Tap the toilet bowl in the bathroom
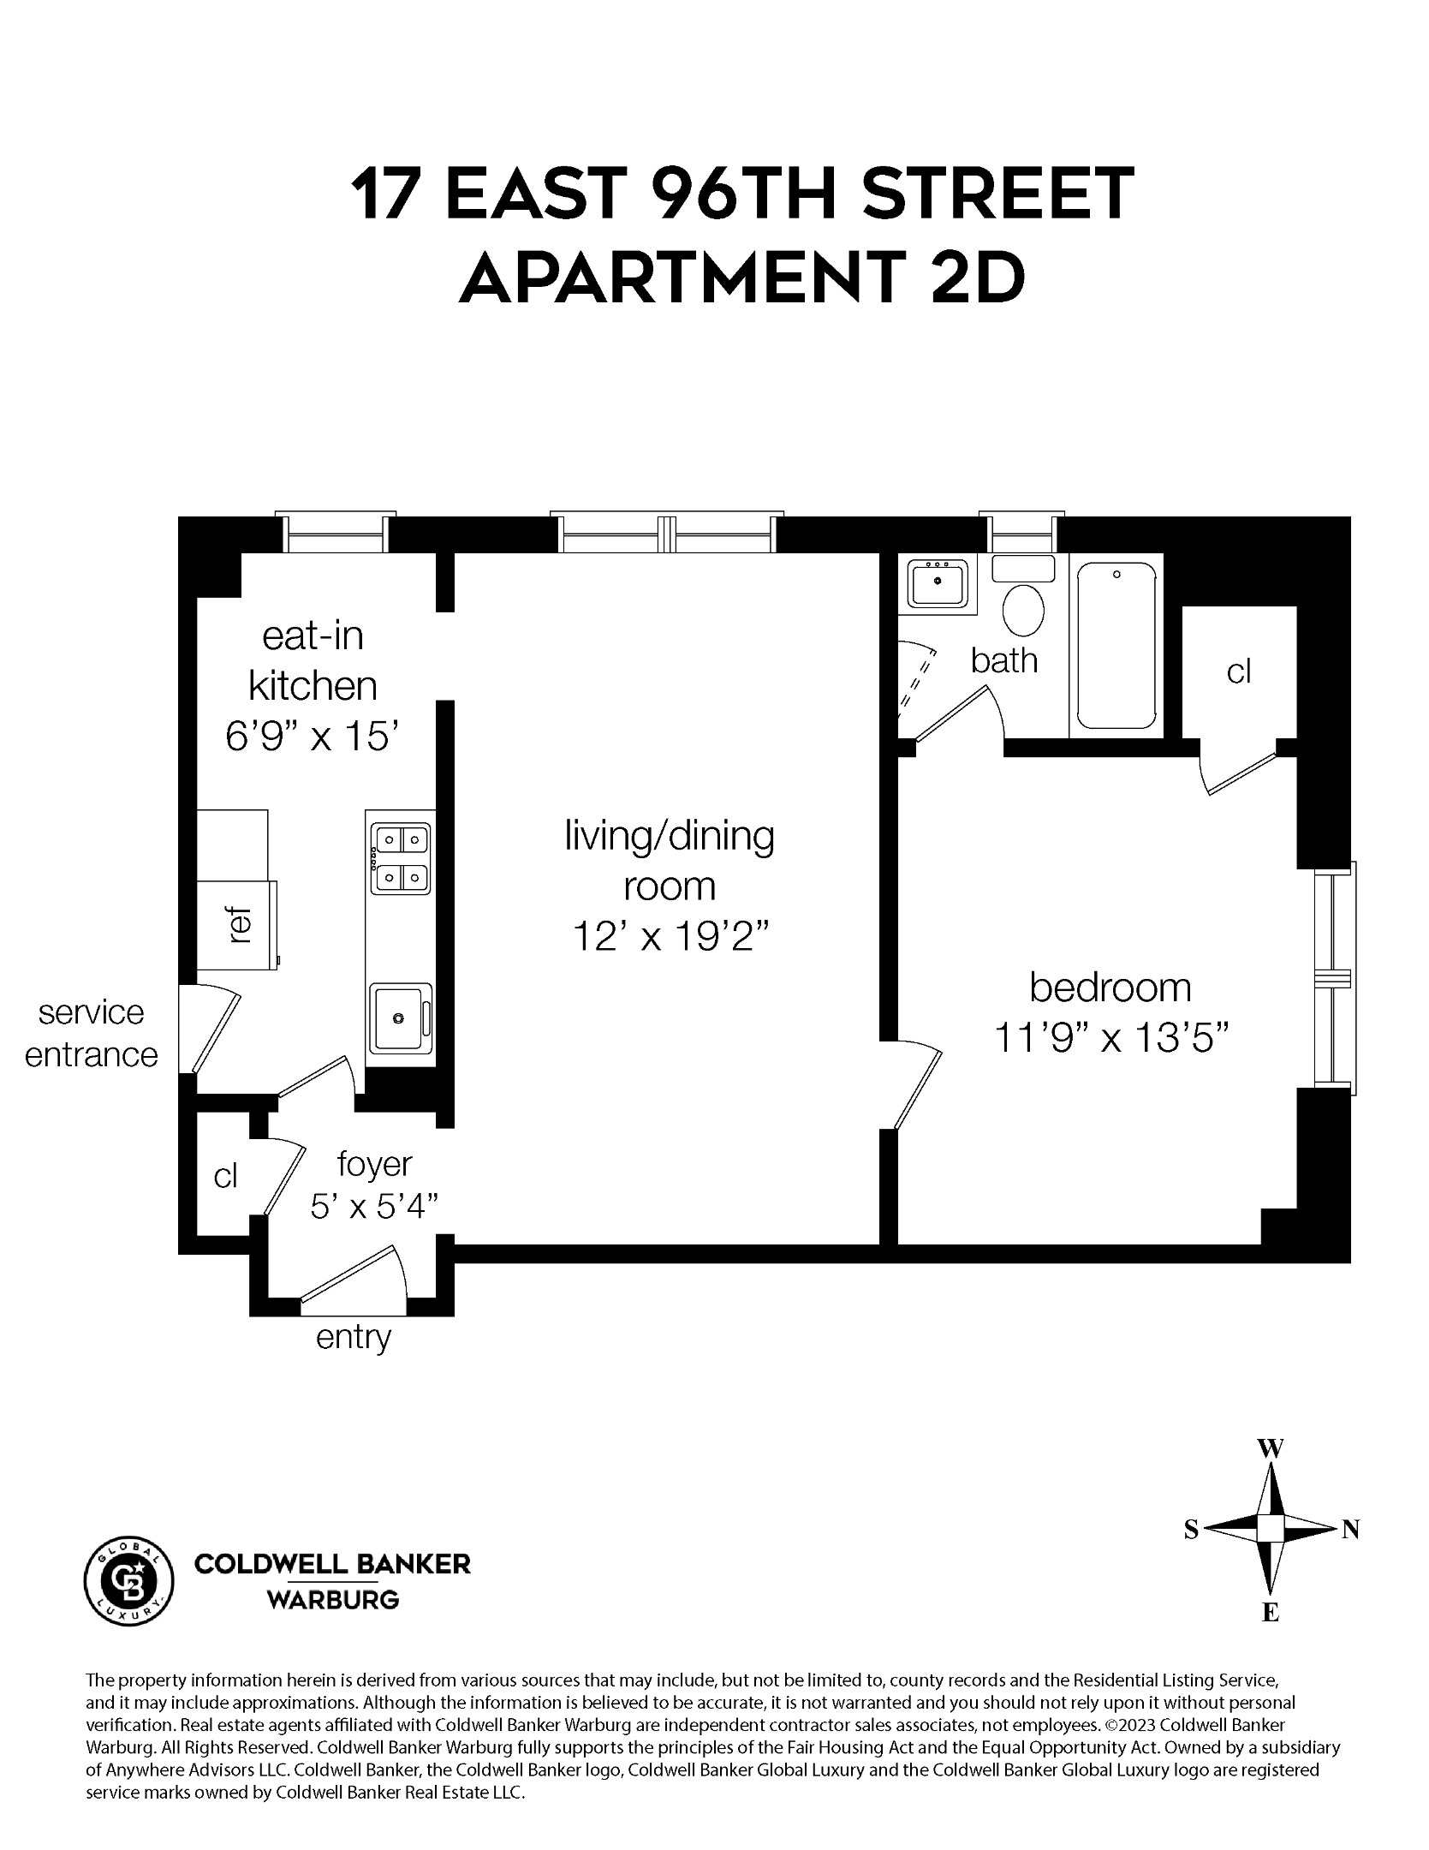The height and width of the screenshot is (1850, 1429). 1022,609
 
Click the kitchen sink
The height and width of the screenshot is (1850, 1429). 398,1017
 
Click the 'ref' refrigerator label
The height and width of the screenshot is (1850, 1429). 241,926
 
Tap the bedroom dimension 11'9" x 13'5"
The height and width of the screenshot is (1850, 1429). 1111,1039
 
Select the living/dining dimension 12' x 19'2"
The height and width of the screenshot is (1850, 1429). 669,937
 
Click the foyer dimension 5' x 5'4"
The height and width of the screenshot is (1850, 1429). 374,1207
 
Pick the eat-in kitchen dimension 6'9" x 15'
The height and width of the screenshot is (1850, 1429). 313,735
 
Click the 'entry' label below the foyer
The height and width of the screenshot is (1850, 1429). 353,1336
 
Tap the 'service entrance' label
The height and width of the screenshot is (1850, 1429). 91,1033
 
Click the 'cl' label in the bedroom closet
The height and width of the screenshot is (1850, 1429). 1239,672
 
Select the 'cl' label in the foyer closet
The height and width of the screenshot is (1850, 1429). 225,1177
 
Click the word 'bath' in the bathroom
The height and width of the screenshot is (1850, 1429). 1004,660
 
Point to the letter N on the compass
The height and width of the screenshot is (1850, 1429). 1350,1529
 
